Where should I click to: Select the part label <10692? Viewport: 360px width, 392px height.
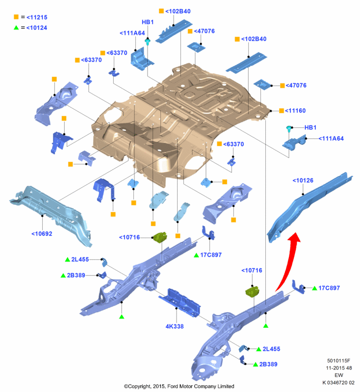click(x=42, y=234)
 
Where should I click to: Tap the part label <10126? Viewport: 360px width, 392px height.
click(x=303, y=181)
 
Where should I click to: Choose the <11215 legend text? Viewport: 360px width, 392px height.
click(x=36, y=17)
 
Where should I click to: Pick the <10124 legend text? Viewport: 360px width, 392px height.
click(x=36, y=27)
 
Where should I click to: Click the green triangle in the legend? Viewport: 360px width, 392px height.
click(x=16, y=27)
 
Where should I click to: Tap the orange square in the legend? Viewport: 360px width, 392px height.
click(x=16, y=17)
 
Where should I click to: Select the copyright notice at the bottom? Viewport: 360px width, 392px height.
click(x=179, y=386)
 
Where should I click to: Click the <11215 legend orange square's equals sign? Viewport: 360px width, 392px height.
click(x=23, y=17)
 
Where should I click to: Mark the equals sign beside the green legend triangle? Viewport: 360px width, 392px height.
click(x=23, y=27)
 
